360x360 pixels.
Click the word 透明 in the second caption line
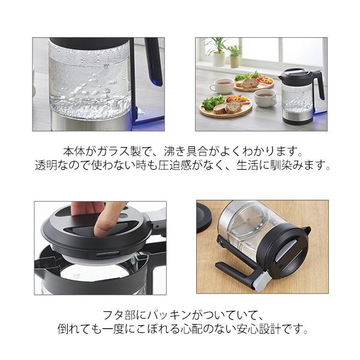[46, 165]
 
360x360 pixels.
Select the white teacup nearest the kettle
[265, 98]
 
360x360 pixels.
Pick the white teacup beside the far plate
[221, 85]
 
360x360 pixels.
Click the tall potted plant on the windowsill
[217, 52]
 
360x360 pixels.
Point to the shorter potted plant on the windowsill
[235, 56]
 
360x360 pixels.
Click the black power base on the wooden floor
[204, 217]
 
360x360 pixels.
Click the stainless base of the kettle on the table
[298, 118]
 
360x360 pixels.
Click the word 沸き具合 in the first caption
[185, 151]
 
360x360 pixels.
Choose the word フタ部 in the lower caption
[119, 315]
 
